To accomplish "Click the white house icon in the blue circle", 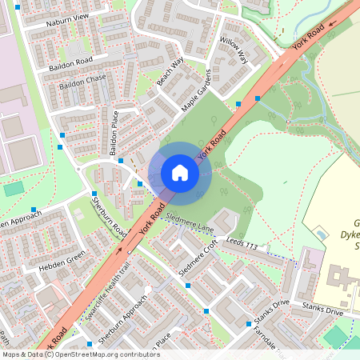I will (180, 173).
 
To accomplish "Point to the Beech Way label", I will (170, 71).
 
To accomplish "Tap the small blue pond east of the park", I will (321, 234).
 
